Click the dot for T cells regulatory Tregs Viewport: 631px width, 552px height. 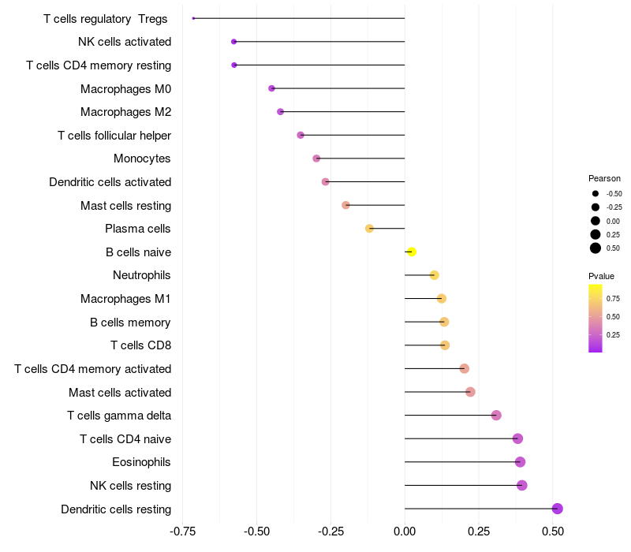tap(193, 18)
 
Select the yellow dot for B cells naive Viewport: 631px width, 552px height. tap(411, 252)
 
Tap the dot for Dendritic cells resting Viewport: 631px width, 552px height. tap(557, 509)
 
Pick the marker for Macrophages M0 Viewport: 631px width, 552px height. tap(272, 88)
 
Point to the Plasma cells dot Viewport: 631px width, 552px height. tap(369, 229)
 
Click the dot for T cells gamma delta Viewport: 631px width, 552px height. tap(496, 416)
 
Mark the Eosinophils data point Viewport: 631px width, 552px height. tap(520, 462)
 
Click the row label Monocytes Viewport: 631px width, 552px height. tap(142, 159)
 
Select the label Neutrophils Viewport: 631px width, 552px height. tap(142, 275)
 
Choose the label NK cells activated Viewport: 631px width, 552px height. tap(125, 42)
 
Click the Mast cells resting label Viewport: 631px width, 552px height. tap(125, 206)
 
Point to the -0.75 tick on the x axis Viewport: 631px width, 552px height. tap(184, 531)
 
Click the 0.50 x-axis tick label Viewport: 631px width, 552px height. tap(553, 531)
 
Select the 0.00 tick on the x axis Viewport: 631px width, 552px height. tap(405, 531)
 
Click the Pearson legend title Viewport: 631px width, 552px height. tap(604, 178)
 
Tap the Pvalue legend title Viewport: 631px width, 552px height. tap(601, 276)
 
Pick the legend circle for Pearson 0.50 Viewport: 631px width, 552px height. tap(596, 248)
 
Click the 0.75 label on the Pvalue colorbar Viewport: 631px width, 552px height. tap(613, 299)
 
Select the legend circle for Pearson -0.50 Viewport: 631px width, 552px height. tap(596, 193)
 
